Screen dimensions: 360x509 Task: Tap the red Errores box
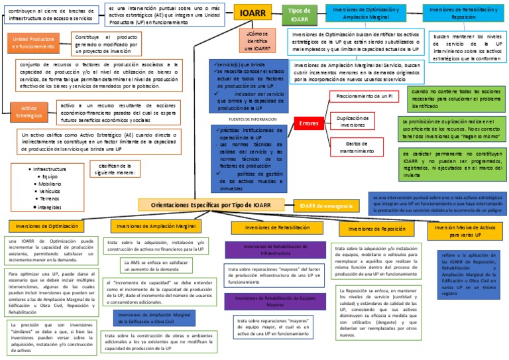tap(308, 123)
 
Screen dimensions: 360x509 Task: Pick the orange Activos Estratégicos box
tap(29, 111)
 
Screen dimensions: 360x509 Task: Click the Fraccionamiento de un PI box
tap(364, 97)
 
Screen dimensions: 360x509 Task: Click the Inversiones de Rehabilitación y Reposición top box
tap(463, 13)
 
